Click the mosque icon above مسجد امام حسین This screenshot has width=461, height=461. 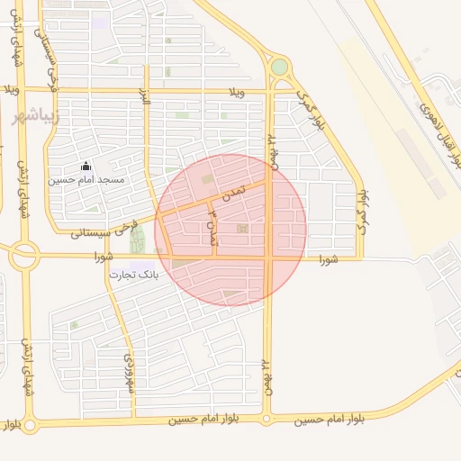click(x=86, y=166)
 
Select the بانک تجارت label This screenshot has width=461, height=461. click(x=133, y=274)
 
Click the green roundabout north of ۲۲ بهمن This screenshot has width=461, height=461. click(x=279, y=67)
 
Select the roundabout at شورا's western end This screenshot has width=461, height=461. click(x=23, y=257)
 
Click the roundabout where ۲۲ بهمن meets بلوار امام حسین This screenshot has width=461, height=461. click(x=267, y=419)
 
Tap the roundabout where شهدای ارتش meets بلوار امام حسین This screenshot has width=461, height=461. click(x=30, y=424)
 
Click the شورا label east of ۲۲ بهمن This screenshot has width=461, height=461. click(x=327, y=259)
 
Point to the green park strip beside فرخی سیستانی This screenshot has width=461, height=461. click(x=137, y=240)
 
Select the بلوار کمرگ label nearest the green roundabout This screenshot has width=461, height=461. click(x=308, y=112)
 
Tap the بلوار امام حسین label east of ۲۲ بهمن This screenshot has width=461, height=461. click(x=321, y=420)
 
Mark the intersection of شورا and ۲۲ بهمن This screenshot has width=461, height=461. click(x=268, y=258)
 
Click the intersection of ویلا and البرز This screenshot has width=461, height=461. click(x=145, y=90)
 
